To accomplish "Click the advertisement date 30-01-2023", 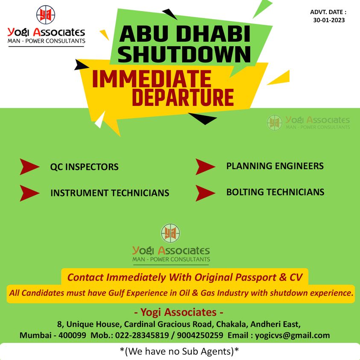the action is pos(329,20).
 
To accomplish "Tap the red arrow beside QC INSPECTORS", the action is pos(29,167).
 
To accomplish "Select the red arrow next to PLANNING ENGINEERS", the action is pos(205,167).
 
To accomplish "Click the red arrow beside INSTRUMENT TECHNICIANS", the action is pos(29,193).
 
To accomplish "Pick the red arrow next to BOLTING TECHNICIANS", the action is pos(205,193).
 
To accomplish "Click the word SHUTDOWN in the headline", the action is pos(184,54).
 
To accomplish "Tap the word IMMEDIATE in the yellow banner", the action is pos(152,79).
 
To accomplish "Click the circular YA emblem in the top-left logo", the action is pos(46,15).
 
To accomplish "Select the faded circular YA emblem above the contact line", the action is pos(170,233).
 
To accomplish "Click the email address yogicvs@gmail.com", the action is pos(292,335).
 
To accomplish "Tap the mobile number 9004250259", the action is pos(200,335).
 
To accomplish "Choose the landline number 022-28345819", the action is pos(142,335).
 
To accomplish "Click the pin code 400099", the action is pos(72,335).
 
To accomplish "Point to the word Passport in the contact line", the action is pos(255,278).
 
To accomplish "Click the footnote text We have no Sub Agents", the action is pos(179,351).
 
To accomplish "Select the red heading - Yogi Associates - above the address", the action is pos(179,312).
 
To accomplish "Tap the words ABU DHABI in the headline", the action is pos(185,34).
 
